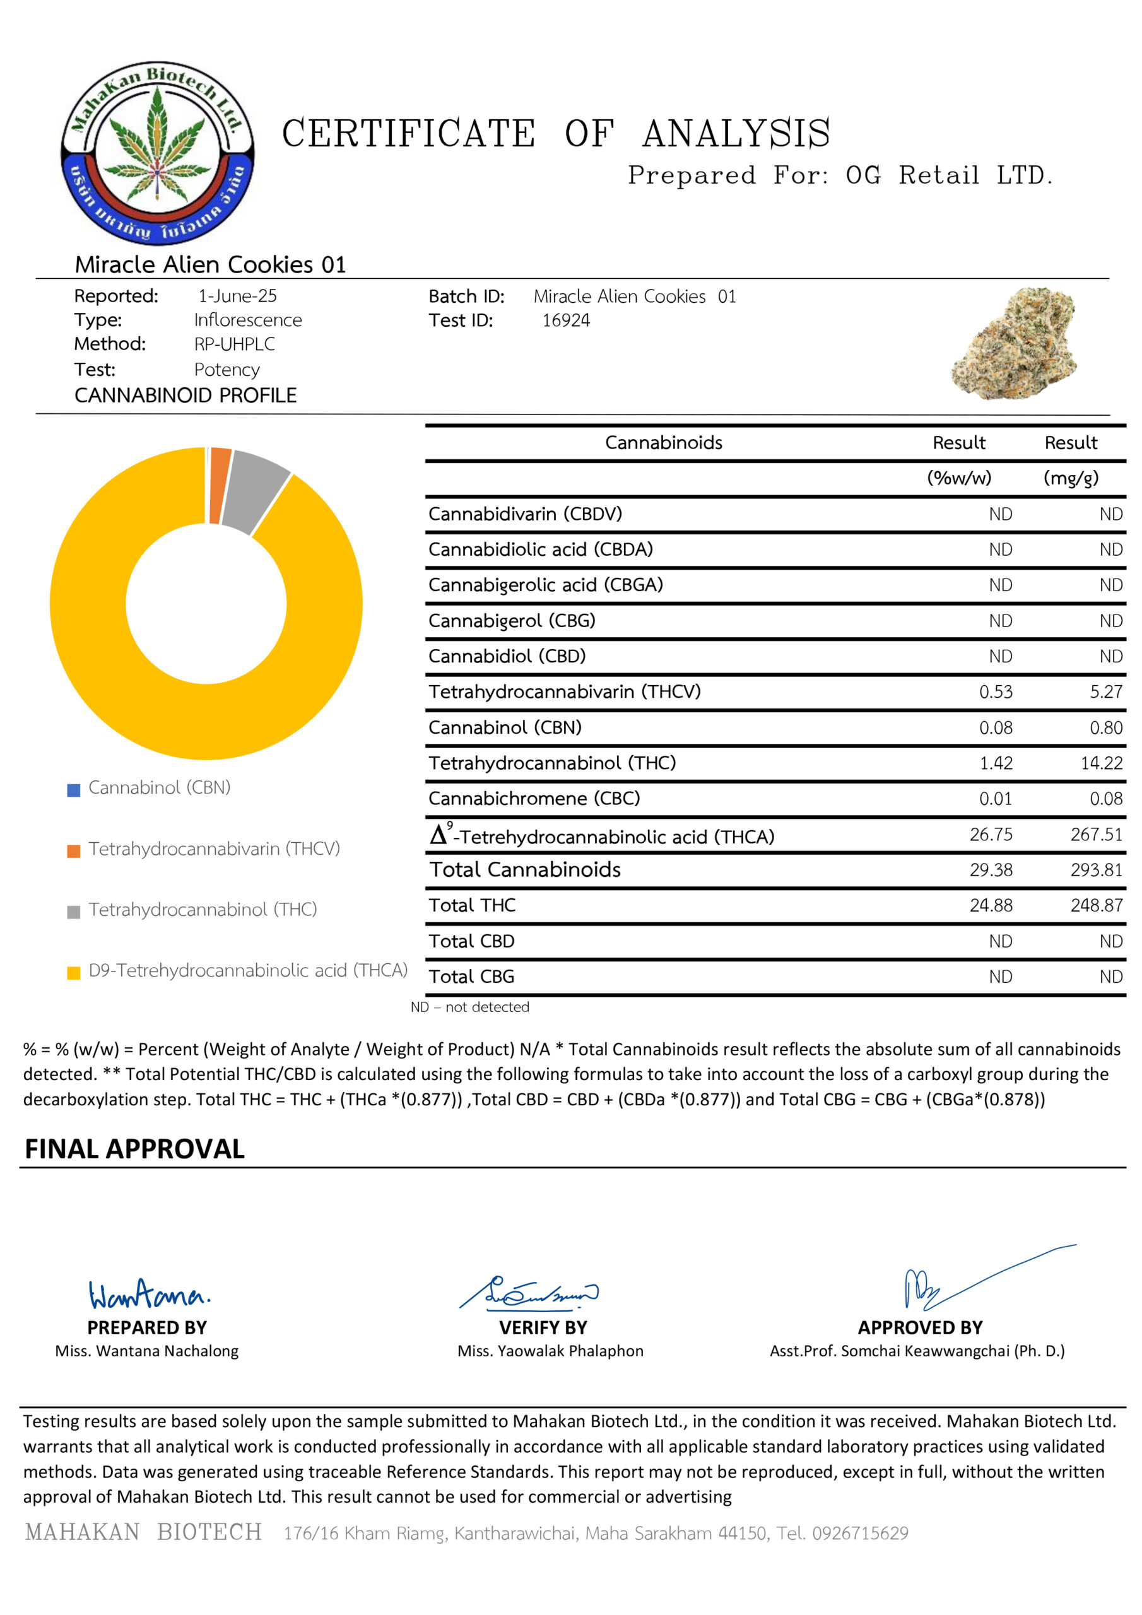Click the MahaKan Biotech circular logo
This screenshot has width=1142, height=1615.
158,153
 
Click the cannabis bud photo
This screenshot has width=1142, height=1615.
1015,343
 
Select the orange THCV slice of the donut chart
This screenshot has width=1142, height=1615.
219,485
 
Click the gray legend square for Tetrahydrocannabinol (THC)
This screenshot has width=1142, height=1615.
73,912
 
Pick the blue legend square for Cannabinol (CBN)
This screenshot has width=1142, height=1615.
73,790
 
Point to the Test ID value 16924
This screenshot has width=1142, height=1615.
566,320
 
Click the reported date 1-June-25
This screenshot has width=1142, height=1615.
237,296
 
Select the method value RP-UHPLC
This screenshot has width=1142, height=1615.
234,344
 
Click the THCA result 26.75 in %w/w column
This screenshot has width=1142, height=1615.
991,834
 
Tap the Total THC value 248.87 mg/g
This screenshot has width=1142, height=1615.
1097,905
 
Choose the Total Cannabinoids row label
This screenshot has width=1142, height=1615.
525,870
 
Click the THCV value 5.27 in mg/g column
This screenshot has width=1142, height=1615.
1105,691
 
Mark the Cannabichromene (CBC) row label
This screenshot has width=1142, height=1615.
534,799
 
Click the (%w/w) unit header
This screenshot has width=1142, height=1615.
958,478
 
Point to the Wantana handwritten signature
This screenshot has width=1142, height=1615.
148,1295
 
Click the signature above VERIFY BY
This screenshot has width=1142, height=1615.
529,1293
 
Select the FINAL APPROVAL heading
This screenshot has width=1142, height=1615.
134,1149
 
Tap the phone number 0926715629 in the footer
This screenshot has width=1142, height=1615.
860,1534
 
